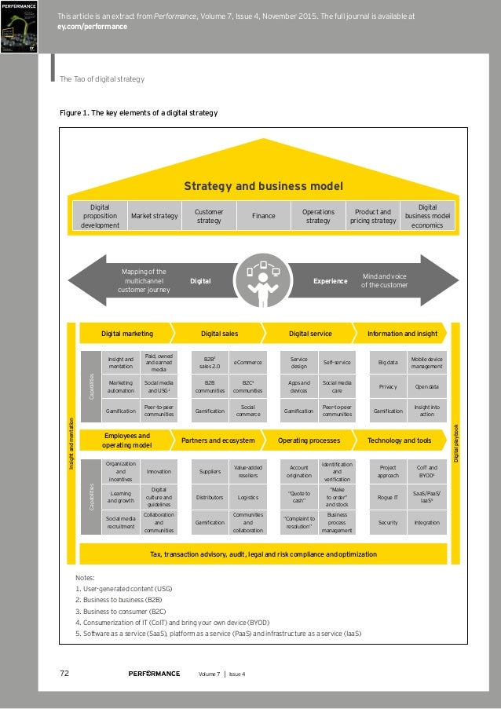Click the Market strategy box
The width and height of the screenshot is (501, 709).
(x=154, y=215)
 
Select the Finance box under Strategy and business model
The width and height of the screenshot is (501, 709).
(x=264, y=215)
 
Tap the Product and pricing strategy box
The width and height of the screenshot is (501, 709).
(x=373, y=215)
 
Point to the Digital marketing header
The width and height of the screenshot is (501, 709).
(x=126, y=334)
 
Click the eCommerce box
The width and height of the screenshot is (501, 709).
(x=248, y=363)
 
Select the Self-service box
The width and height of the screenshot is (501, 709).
(x=337, y=363)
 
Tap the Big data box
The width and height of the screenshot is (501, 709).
(x=388, y=363)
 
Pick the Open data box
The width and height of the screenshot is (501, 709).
(x=427, y=387)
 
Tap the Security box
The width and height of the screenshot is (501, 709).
(x=388, y=522)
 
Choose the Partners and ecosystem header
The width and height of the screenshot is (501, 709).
(x=218, y=440)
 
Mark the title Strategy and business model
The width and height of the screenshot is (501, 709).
(x=263, y=186)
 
